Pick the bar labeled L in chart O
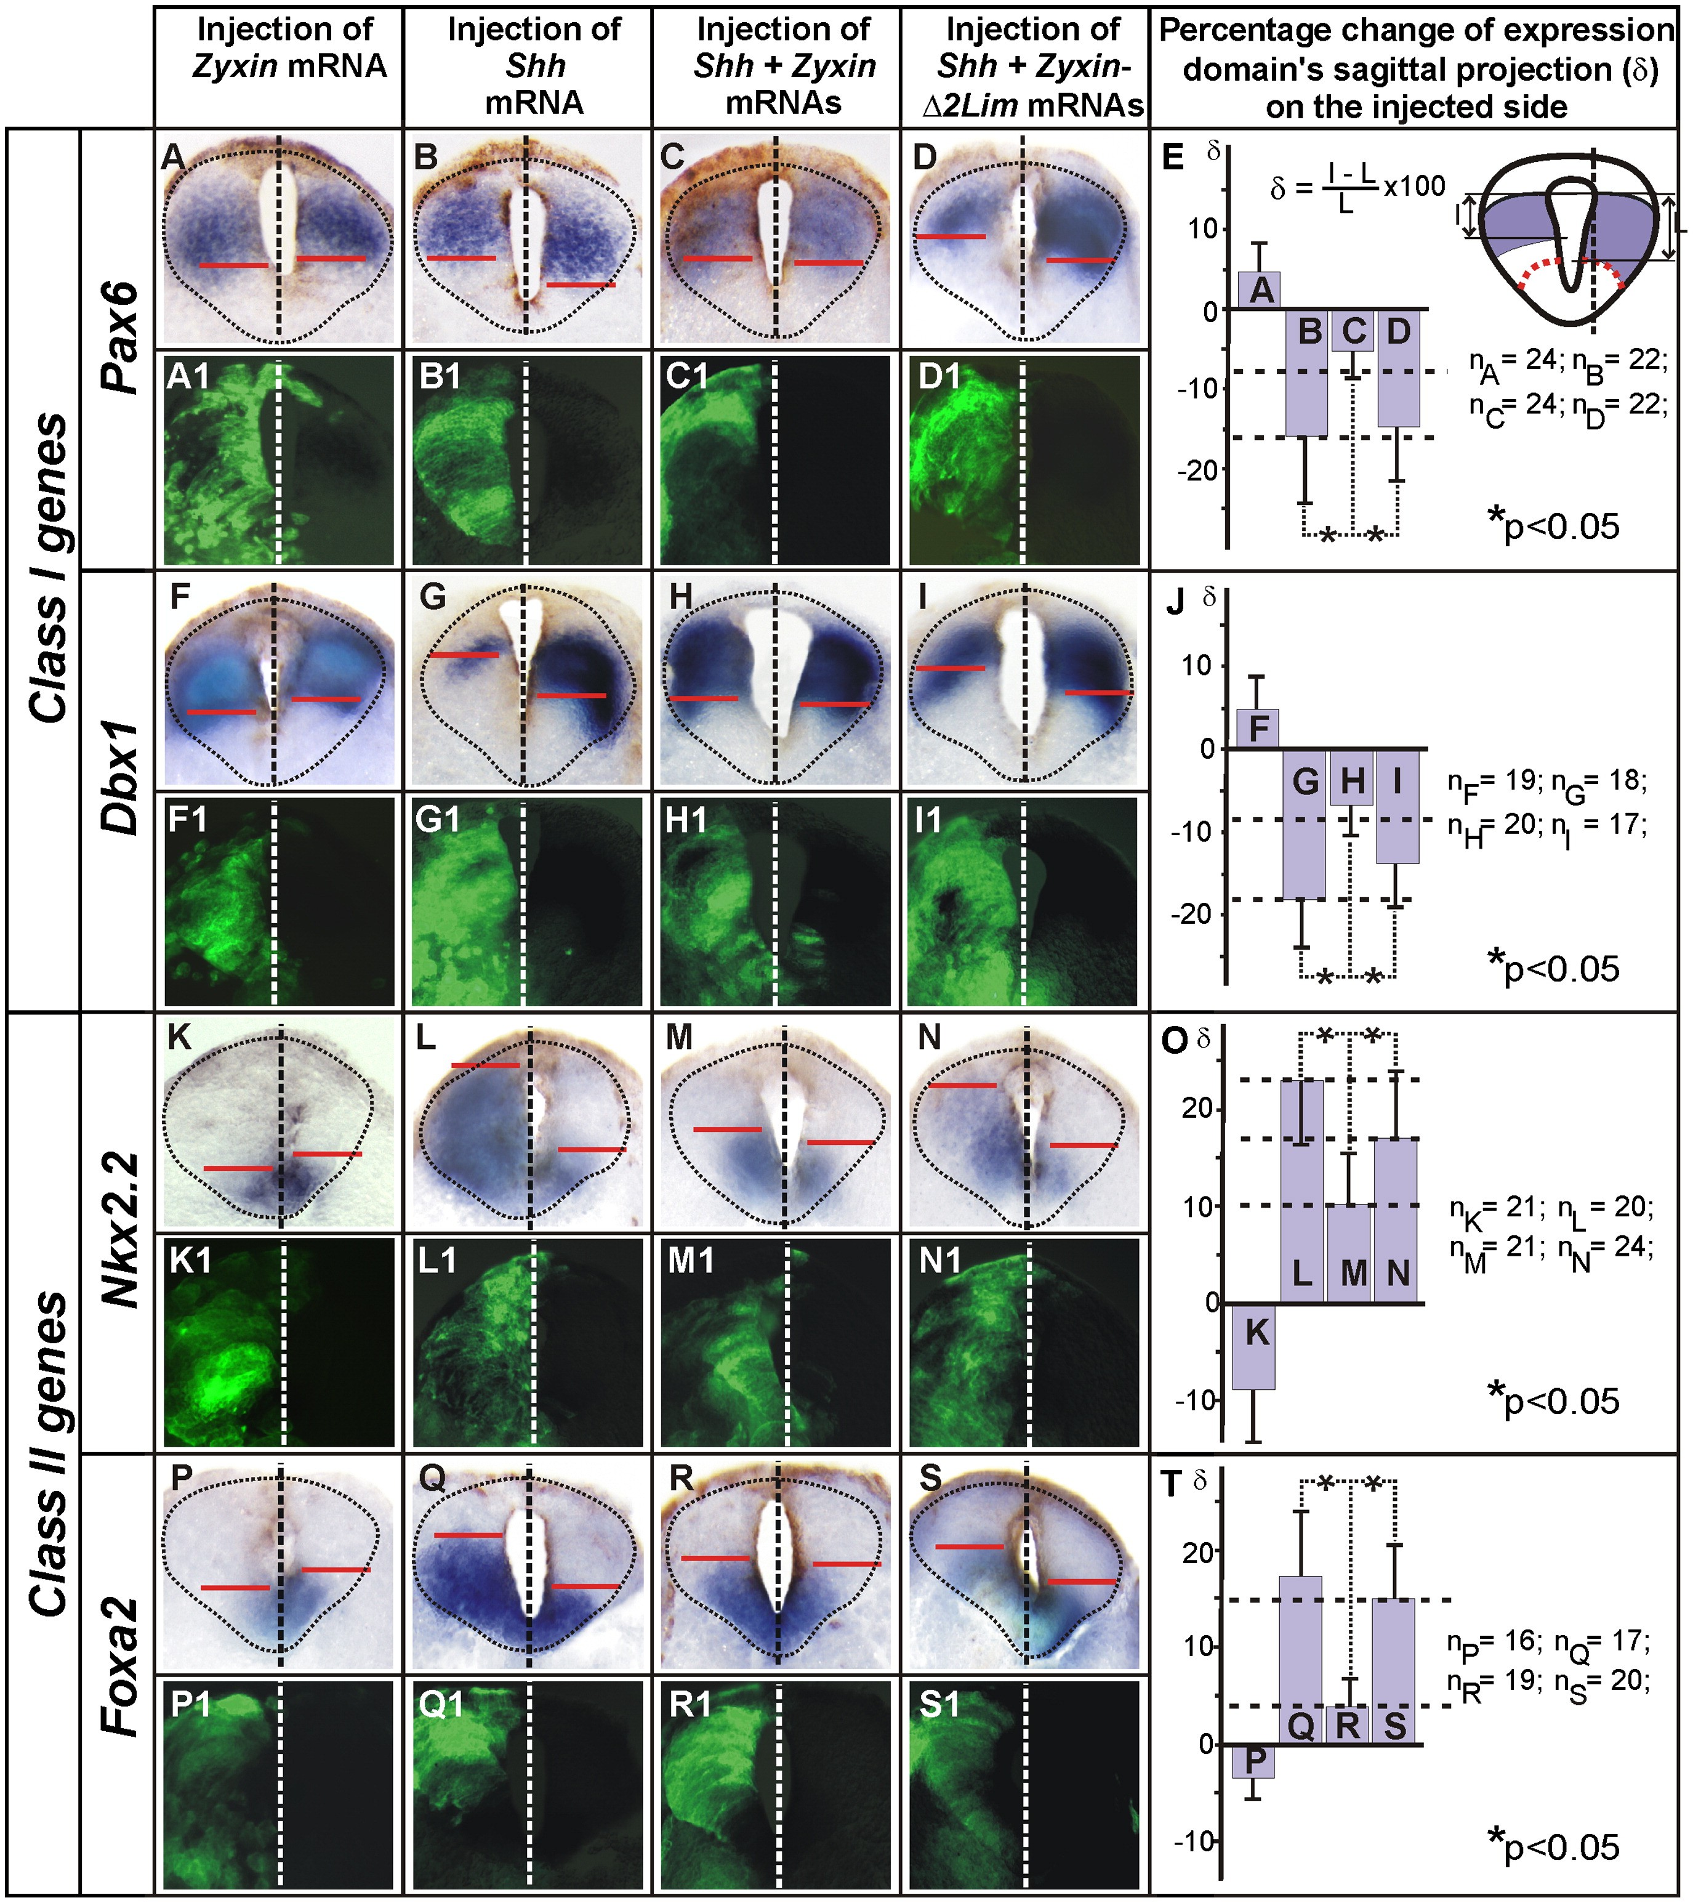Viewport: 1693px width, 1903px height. [1302, 1192]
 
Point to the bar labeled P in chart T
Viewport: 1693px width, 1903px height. [1253, 1761]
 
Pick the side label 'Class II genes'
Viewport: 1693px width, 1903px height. [47, 1452]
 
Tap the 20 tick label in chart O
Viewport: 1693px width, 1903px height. [1200, 1108]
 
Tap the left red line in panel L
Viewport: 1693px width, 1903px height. [485, 1065]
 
